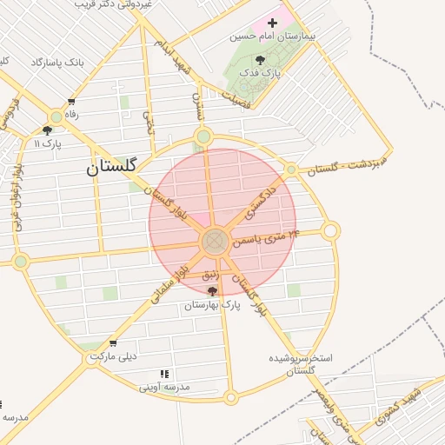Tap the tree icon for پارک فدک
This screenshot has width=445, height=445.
coord(261,60)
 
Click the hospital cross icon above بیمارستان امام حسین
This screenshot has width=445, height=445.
coord(273,23)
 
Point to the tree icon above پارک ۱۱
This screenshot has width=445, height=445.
coord(46,131)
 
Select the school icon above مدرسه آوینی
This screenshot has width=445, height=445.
coord(164,374)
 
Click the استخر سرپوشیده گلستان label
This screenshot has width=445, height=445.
coord(296,364)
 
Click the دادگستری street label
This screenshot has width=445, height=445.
coord(260,201)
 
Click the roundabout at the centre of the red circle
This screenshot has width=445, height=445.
coord(215,242)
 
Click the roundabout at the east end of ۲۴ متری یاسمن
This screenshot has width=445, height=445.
coord(330,231)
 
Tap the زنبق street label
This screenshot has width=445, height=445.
coord(211,275)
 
